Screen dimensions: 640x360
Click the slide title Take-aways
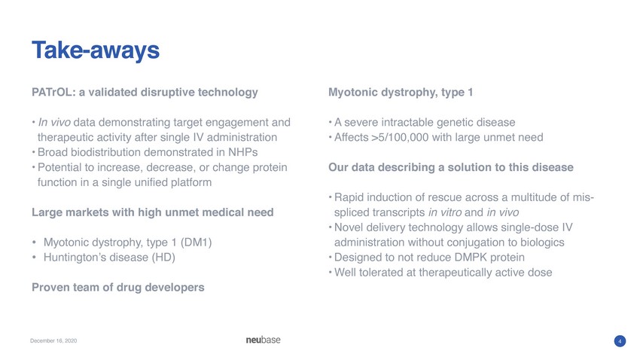point(96,50)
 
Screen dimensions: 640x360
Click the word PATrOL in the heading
point(52,92)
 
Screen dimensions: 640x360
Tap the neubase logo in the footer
point(264,340)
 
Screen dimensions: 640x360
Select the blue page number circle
point(620,341)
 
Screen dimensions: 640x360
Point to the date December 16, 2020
point(53,340)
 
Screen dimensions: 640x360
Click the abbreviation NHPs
point(243,152)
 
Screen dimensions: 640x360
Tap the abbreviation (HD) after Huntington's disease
point(163,258)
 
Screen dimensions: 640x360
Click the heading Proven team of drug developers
point(118,288)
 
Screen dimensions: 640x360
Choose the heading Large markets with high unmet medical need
point(153,212)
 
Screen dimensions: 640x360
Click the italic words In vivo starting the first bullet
point(54,123)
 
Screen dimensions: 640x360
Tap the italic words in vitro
point(445,212)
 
